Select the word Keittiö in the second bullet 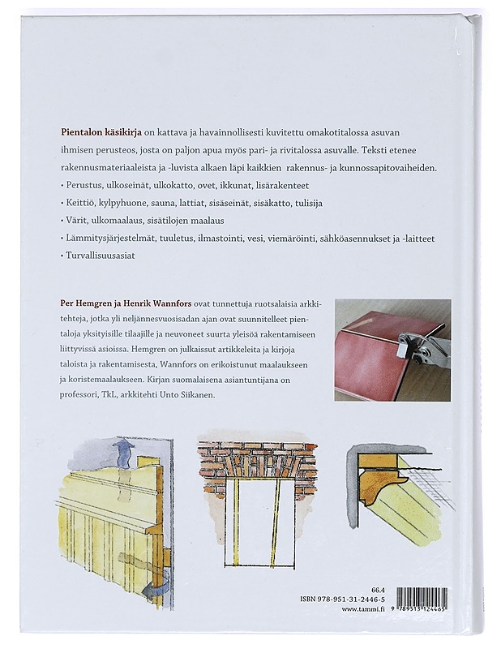point(79,202)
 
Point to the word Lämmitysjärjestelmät point(111,237)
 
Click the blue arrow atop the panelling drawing point(124,449)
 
